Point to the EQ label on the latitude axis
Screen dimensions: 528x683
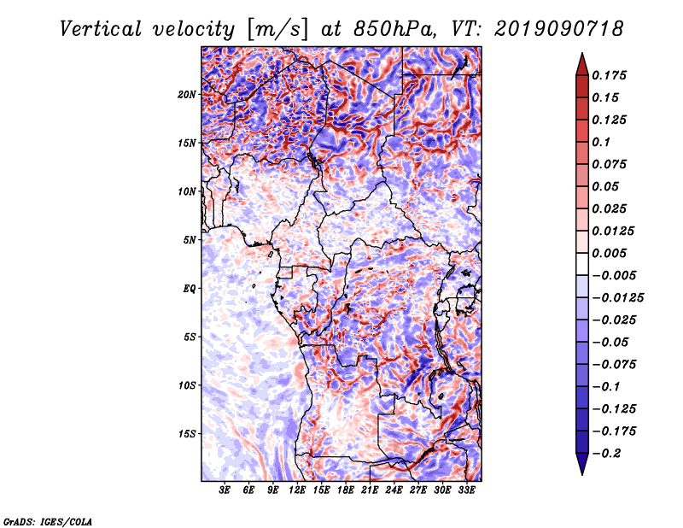[190, 288]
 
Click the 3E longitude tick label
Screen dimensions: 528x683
[225, 490]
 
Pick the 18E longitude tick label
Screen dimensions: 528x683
[346, 490]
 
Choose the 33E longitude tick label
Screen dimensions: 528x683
[465, 490]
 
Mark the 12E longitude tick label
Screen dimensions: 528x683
[297, 490]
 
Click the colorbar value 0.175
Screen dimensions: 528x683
[611, 75]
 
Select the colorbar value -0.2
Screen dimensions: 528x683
[609, 453]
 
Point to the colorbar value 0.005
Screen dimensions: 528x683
[611, 253]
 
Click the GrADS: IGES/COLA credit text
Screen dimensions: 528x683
[47, 520]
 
